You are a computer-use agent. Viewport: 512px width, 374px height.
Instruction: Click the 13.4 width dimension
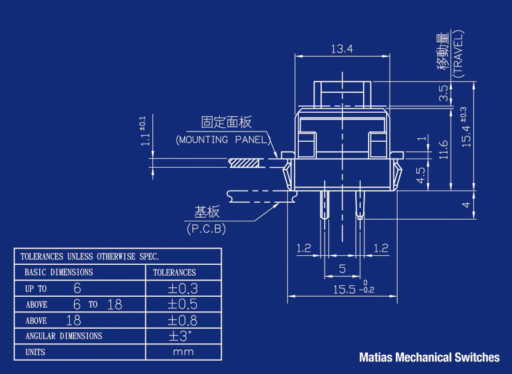[342, 49]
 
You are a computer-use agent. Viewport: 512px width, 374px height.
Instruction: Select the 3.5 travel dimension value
[443, 93]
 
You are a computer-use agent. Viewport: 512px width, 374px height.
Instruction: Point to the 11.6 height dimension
[443, 148]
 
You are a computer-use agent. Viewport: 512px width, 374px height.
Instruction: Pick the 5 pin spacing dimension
[342, 268]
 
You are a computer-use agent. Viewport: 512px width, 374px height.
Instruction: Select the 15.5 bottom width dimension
[354, 290]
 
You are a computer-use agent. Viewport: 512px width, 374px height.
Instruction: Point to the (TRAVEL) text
[459, 54]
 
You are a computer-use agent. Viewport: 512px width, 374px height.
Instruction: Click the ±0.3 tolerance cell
[183, 288]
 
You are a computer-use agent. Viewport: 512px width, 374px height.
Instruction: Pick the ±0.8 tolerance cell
[183, 320]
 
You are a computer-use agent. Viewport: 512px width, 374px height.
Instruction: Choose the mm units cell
[183, 352]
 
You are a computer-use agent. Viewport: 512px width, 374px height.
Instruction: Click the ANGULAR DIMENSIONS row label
[64, 336]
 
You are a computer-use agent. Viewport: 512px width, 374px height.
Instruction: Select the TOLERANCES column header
[175, 273]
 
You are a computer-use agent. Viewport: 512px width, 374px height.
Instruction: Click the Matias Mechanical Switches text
[429, 357]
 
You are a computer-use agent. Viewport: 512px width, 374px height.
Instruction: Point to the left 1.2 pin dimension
[304, 248]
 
